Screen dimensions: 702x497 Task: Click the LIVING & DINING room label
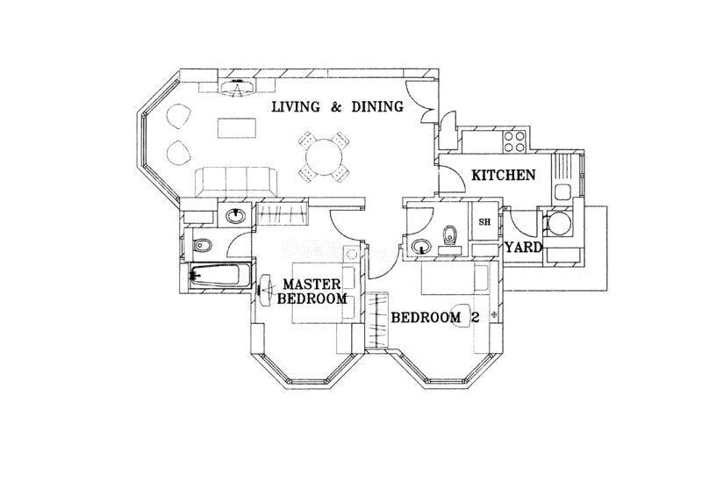click(338, 106)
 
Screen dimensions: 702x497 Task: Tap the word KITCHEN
click(504, 175)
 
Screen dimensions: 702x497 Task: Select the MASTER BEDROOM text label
click(312, 292)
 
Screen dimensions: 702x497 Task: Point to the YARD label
click(524, 247)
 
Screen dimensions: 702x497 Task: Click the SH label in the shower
click(484, 222)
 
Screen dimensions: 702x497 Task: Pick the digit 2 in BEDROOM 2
click(475, 317)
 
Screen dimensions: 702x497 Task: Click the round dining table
click(324, 157)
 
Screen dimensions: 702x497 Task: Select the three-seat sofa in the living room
click(236, 182)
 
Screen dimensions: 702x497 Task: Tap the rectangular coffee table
click(237, 128)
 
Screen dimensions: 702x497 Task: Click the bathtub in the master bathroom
click(215, 274)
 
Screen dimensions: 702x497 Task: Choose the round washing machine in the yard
click(558, 224)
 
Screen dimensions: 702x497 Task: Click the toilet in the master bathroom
click(202, 245)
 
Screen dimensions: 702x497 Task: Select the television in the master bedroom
click(264, 291)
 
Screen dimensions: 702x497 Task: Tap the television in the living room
click(236, 86)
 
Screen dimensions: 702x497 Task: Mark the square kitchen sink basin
click(562, 192)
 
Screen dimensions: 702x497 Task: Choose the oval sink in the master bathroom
click(235, 217)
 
